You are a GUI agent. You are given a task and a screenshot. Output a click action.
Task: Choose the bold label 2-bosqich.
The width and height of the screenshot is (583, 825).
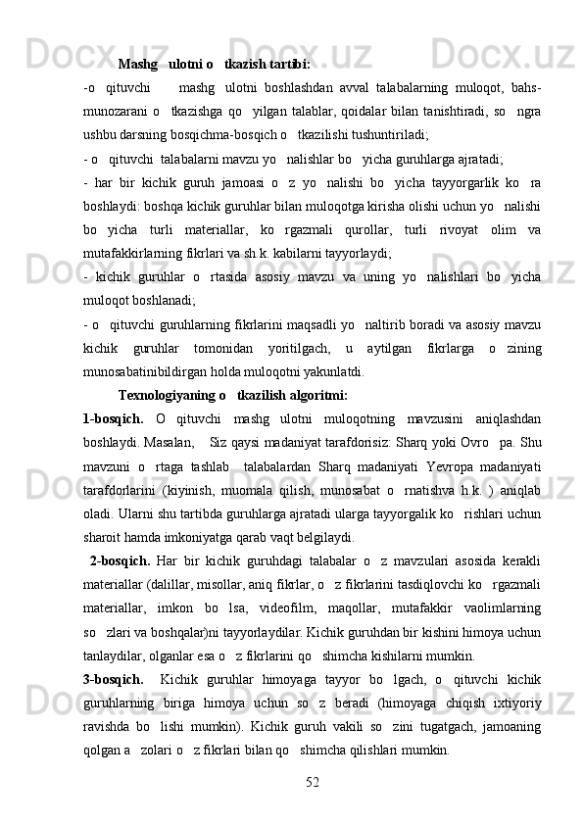pos(118,561)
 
